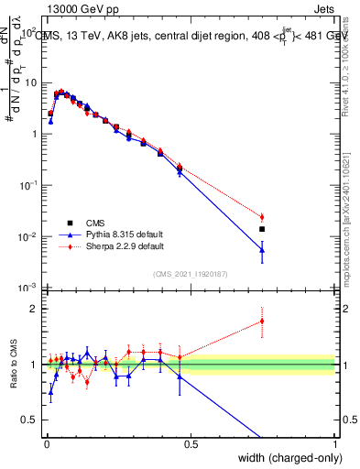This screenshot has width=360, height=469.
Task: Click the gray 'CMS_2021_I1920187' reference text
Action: [190, 273]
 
